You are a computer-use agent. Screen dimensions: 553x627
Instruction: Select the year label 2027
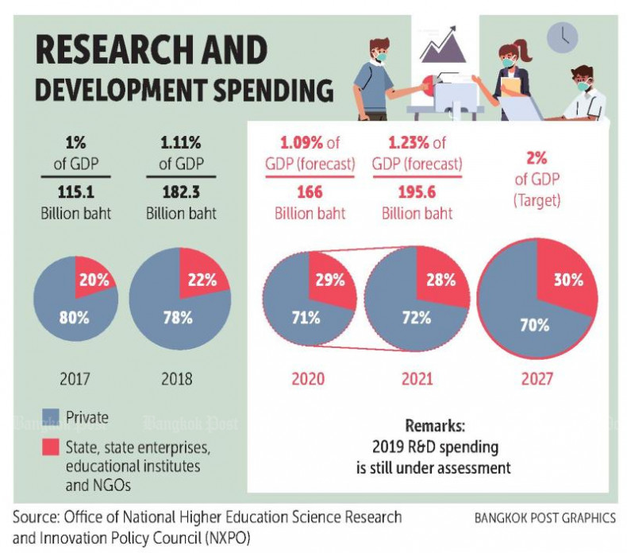pos(537,378)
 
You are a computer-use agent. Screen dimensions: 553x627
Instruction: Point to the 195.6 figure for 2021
pos(417,193)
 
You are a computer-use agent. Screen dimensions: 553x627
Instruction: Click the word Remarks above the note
pos(432,425)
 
